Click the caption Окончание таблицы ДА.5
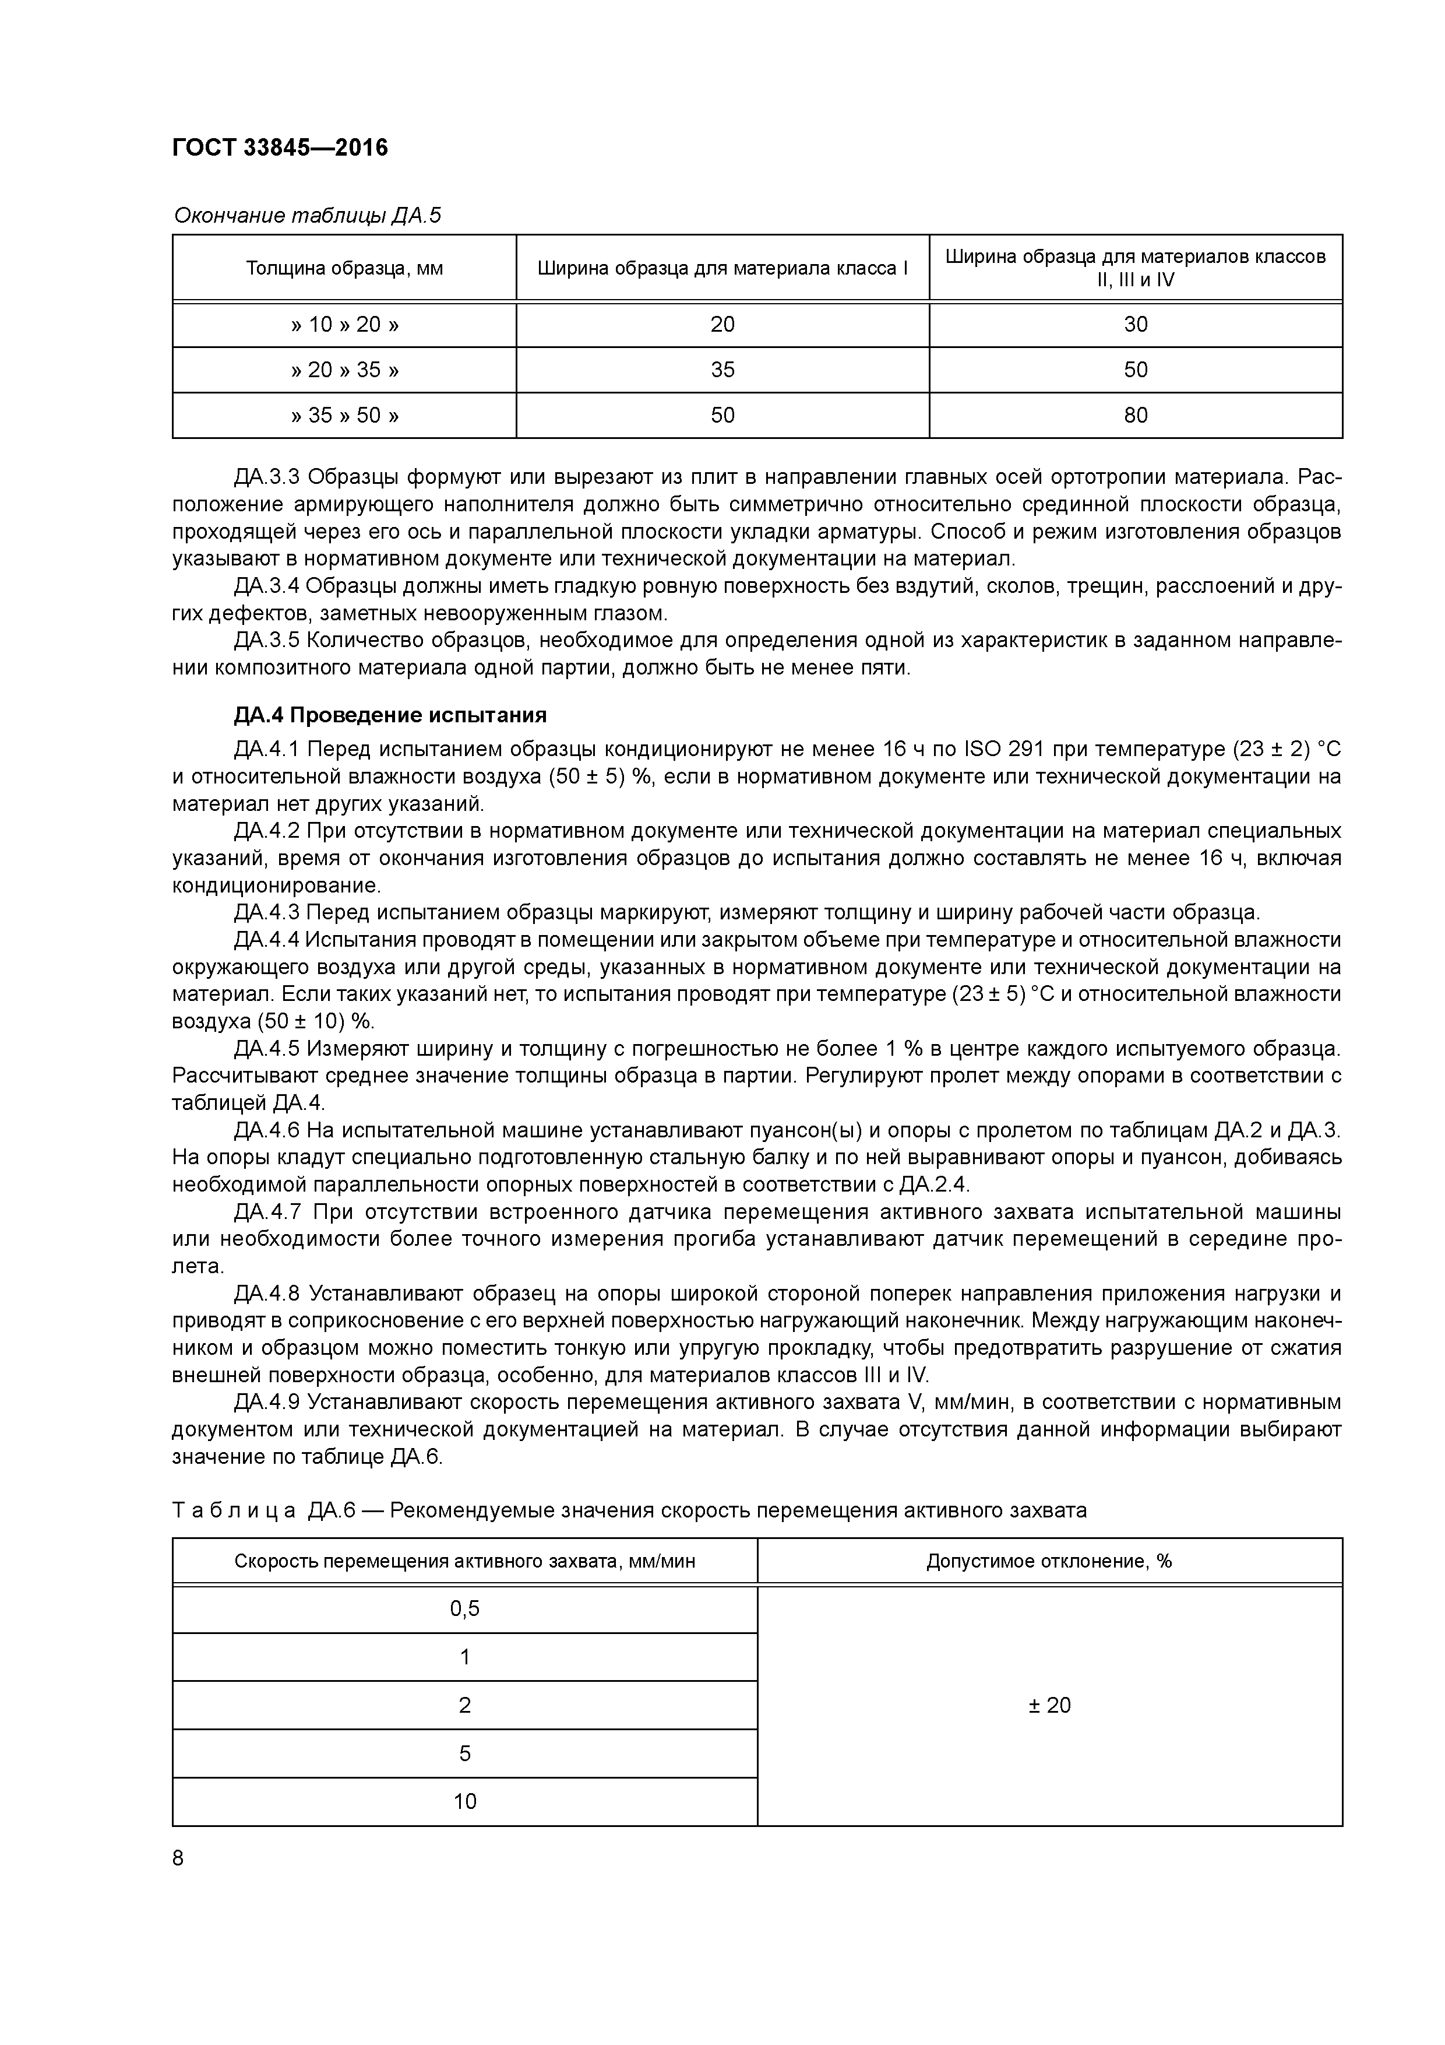point(307,216)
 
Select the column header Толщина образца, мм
point(344,268)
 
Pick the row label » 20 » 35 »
point(344,370)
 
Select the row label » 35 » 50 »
point(344,415)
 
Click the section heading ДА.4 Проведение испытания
point(390,715)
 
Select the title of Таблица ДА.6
point(629,1510)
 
